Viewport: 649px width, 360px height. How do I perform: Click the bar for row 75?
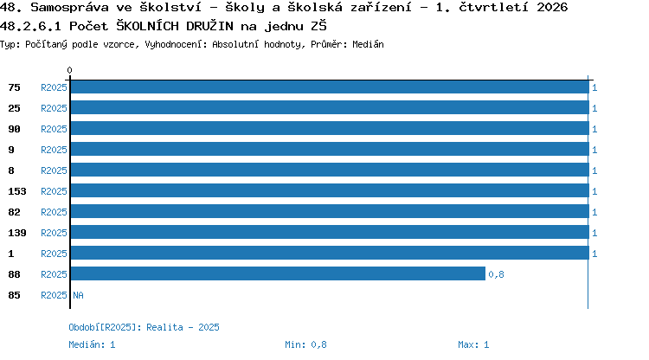[330, 87]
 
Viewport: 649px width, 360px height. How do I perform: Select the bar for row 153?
[330, 190]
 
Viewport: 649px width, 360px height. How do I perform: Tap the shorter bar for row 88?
[278, 273]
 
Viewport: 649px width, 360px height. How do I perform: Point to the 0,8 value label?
[496, 274]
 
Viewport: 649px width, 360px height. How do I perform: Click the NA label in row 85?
[78, 295]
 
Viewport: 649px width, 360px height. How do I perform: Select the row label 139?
[17, 233]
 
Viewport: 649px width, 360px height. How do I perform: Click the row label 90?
[14, 129]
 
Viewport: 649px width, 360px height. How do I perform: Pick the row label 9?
[11, 150]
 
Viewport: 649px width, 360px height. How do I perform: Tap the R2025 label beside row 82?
[54, 212]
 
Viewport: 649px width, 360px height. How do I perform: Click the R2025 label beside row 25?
[54, 108]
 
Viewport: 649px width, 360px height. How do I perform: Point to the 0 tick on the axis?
[69, 70]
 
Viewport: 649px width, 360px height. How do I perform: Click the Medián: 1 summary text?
[92, 344]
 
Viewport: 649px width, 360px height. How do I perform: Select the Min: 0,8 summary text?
[305, 344]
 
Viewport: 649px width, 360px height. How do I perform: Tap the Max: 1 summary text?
[473, 344]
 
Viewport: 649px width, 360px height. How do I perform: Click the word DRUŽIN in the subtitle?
[209, 26]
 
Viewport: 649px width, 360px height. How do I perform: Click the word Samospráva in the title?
[69, 8]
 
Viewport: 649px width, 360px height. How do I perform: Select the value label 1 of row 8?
[594, 170]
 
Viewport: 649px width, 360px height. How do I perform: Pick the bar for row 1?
[330, 253]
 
